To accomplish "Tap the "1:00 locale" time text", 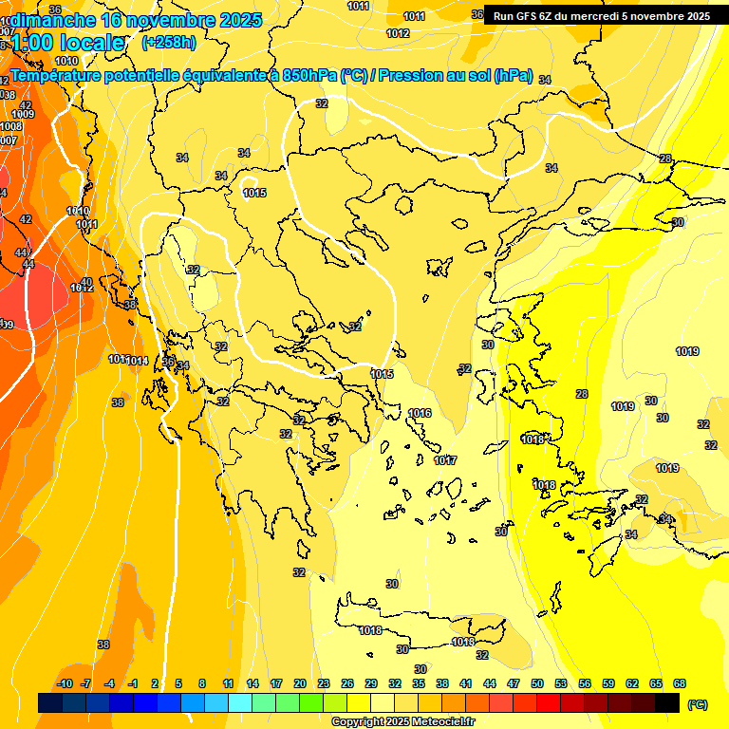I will coord(68,42).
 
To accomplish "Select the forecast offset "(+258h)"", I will coord(168,42).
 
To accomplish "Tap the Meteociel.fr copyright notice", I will coord(403,722).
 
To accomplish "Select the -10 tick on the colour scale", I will coord(65,683).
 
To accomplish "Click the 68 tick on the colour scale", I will coord(680,683).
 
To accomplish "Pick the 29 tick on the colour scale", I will coord(371,683).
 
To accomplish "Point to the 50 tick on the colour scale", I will coord(537,683).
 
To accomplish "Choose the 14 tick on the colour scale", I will coord(252,683).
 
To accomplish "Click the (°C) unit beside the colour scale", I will coord(697,704).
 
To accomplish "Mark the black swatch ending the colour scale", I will coord(667,702).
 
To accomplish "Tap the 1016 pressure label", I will coord(420,413).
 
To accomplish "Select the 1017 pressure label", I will coord(445,460).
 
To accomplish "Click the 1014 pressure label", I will coord(139,361).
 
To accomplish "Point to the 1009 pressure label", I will coord(23,115).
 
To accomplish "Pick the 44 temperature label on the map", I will coord(21,252).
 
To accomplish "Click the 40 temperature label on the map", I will coord(86,282).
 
